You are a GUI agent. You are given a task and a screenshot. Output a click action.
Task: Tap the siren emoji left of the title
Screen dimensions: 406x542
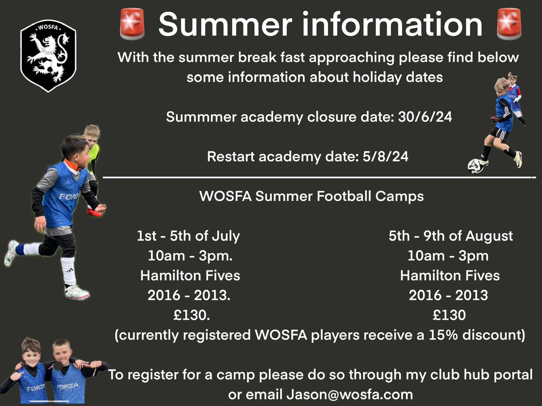click(132, 23)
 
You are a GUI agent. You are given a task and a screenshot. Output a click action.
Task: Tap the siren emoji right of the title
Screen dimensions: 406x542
click(509, 23)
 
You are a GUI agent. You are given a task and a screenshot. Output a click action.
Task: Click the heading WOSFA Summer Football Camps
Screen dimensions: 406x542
click(311, 197)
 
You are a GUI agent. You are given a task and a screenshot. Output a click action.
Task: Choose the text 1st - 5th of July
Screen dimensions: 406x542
click(188, 236)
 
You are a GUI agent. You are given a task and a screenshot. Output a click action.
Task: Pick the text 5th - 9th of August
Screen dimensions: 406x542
click(450, 236)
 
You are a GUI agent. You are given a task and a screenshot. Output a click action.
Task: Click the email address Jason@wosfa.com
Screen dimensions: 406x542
click(350, 394)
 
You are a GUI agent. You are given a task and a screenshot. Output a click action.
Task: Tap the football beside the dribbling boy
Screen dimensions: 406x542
click(475, 166)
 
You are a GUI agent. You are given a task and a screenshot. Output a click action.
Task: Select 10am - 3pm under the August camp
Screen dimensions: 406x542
click(448, 256)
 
